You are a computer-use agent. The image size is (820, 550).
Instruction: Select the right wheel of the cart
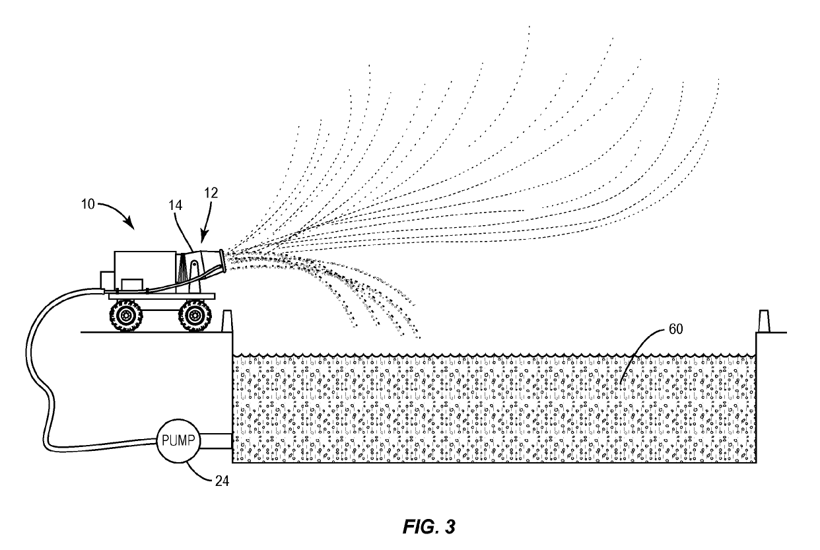click(x=193, y=316)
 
